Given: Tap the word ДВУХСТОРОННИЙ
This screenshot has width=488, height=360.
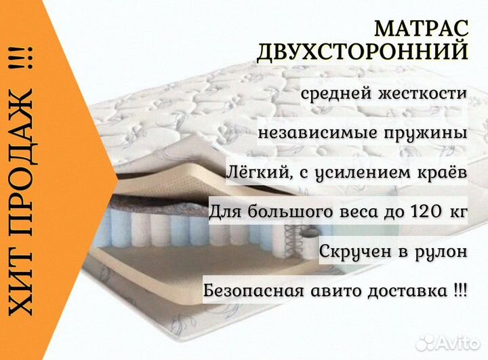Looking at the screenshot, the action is [x=362, y=52].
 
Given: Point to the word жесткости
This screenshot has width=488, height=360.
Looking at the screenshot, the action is [x=422, y=93].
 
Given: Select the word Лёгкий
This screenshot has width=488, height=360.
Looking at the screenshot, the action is [x=259, y=172].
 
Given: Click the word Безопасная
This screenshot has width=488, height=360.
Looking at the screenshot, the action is [x=253, y=291].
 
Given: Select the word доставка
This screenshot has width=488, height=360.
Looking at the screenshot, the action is [x=407, y=291].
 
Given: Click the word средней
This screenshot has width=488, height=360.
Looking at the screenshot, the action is [x=336, y=94].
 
